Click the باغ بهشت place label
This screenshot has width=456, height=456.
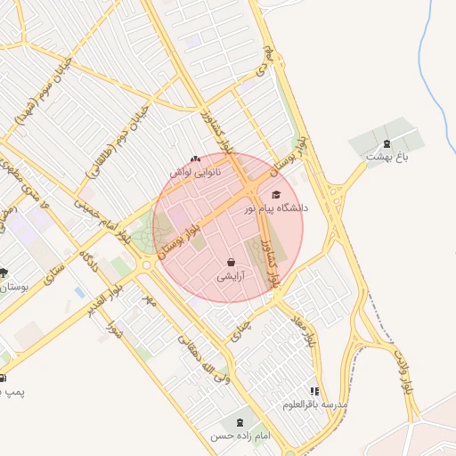point(386,157)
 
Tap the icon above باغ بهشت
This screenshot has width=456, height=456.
point(386,143)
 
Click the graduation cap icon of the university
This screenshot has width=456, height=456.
point(275,195)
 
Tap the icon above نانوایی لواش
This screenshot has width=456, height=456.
point(195,158)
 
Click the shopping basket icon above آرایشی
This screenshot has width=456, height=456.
point(232,263)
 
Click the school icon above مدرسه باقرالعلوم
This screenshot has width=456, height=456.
point(313,391)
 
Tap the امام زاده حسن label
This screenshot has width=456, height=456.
point(239,436)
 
